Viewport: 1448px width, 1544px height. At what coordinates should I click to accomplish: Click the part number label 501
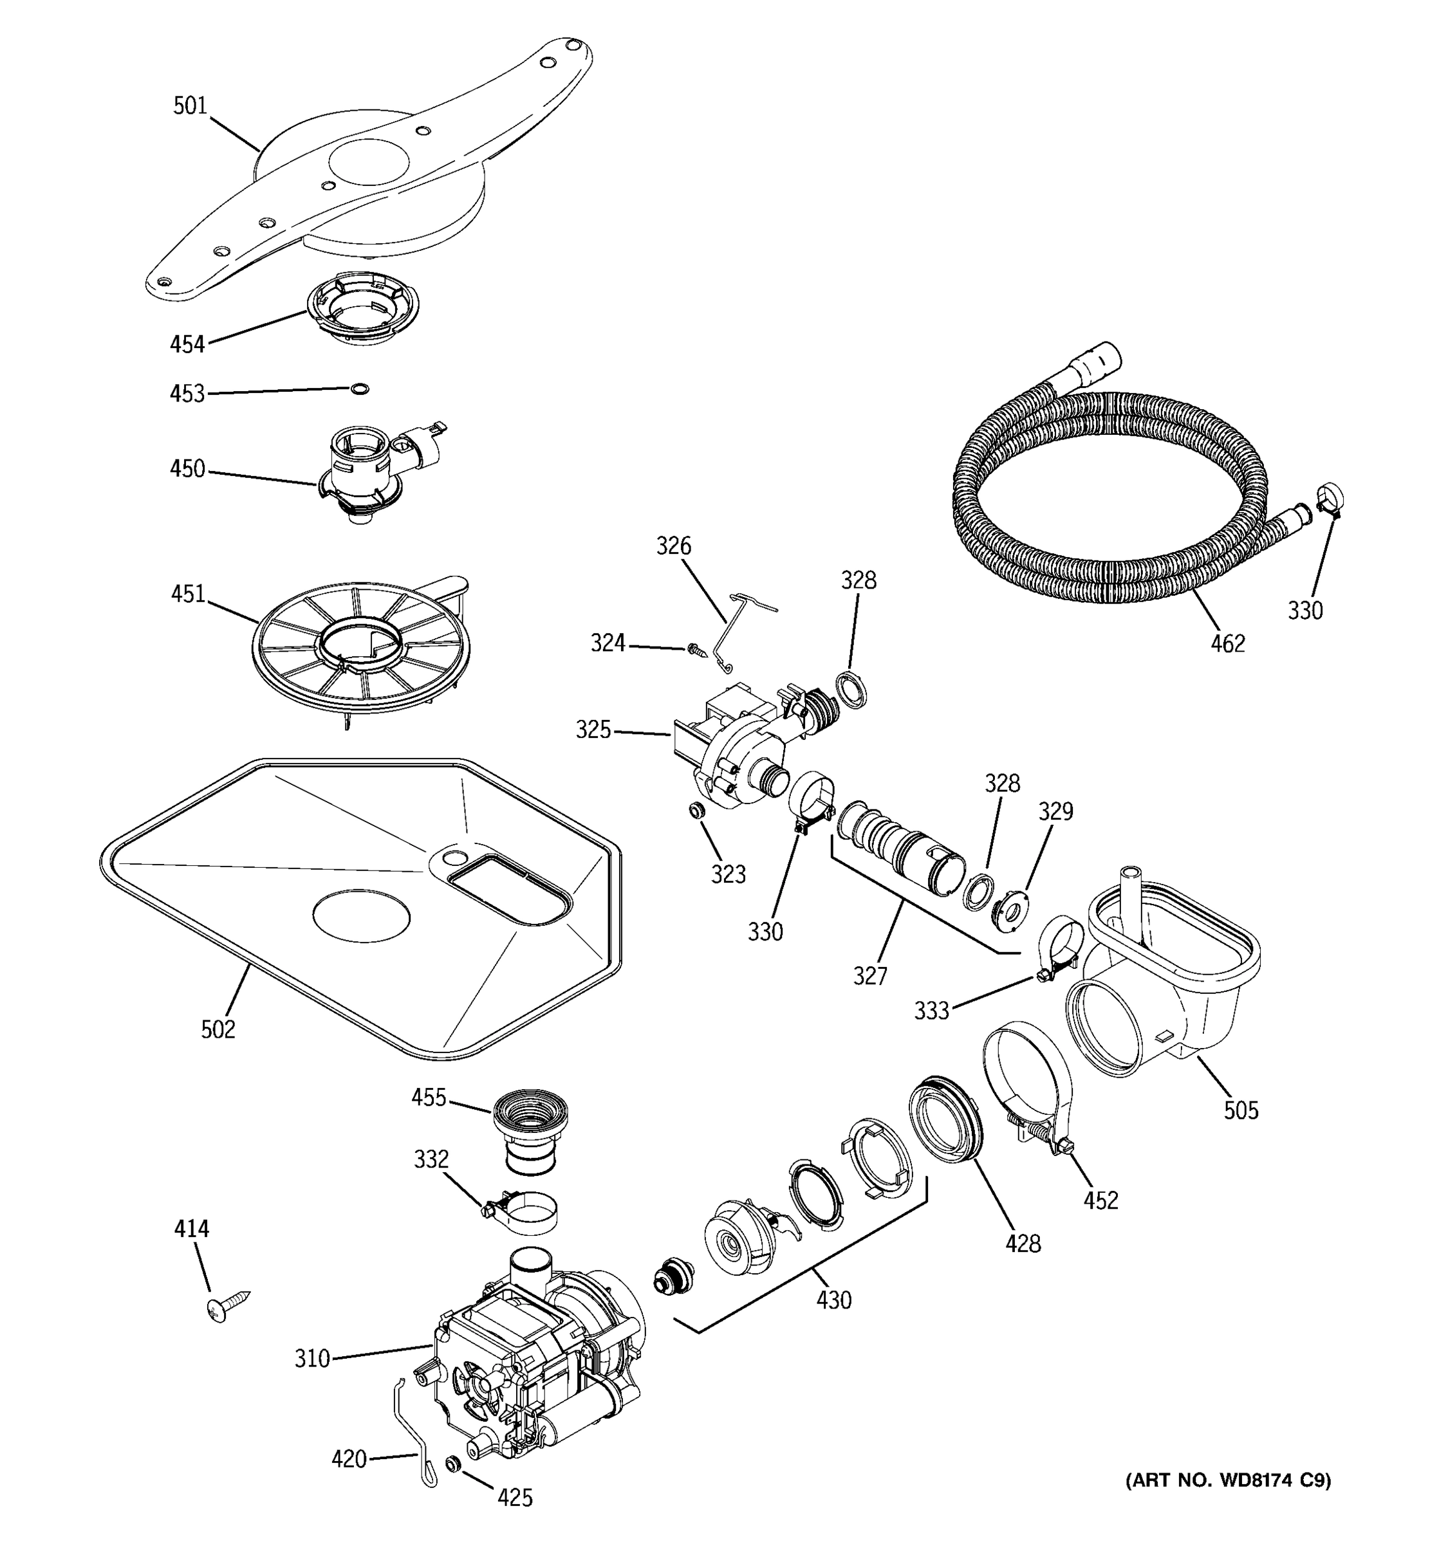190,106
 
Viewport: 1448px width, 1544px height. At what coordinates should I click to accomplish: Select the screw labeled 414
227,1304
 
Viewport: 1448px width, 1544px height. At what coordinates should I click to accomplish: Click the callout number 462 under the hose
1227,643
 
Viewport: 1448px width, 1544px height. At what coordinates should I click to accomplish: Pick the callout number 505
1241,1110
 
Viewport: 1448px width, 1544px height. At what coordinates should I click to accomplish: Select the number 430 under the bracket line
833,1300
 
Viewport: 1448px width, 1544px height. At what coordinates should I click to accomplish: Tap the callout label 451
188,594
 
